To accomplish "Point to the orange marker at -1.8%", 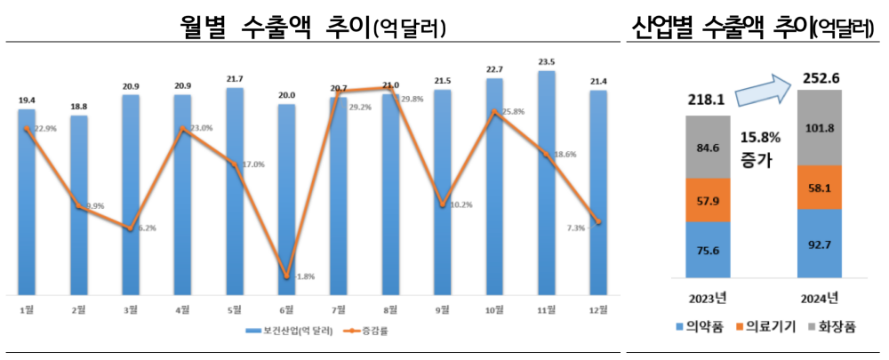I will [x=286, y=277].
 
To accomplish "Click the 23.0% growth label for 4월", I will [x=199, y=128].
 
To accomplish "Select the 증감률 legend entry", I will [x=372, y=332].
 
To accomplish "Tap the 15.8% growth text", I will [x=760, y=139].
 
